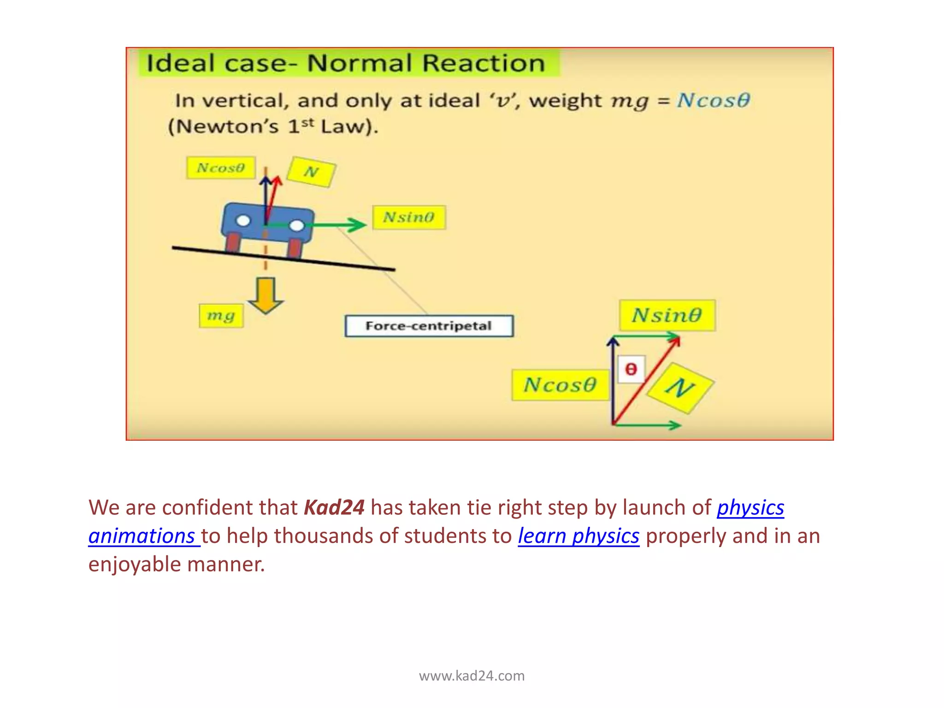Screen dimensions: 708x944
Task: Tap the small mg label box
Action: pyautogui.click(x=221, y=316)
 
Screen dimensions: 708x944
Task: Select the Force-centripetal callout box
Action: pyautogui.click(x=429, y=326)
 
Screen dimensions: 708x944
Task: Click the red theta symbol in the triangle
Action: pyautogui.click(x=631, y=369)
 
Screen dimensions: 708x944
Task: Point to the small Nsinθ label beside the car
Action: pyautogui.click(x=409, y=217)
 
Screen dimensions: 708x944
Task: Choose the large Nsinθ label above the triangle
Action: pyautogui.click(x=667, y=315)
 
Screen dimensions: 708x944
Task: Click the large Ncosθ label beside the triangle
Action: pyautogui.click(x=560, y=385)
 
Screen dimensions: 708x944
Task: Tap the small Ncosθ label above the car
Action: pyautogui.click(x=221, y=168)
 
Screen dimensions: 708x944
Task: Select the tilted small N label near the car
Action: pyautogui.click(x=311, y=172)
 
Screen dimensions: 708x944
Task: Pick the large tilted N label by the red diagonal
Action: pyautogui.click(x=680, y=388)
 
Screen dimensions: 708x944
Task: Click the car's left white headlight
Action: pyautogui.click(x=243, y=221)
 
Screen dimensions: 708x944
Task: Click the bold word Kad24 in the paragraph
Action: pyautogui.click(x=334, y=507)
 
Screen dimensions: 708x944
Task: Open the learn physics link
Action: pyautogui.click(x=578, y=536)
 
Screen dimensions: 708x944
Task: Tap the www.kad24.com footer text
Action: pyautogui.click(x=472, y=676)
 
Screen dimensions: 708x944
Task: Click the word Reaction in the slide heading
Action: pyautogui.click(x=484, y=63)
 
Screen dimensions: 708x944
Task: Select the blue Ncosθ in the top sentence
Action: pyautogui.click(x=713, y=100)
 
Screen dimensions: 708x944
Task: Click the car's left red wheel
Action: pyautogui.click(x=233, y=243)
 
